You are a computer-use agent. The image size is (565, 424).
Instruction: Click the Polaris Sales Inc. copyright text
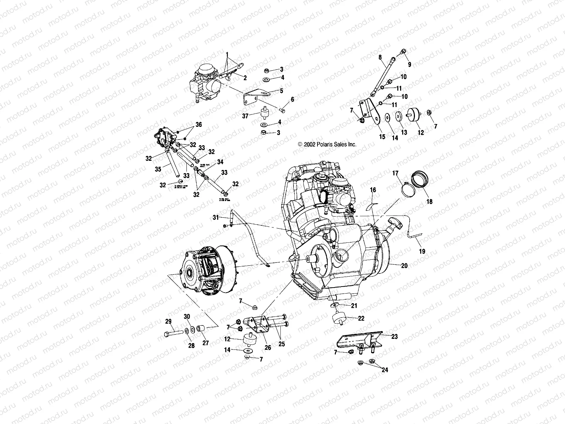(322, 145)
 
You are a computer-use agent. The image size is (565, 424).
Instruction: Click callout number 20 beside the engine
(404, 266)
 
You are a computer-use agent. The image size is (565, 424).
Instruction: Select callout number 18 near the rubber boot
(429, 202)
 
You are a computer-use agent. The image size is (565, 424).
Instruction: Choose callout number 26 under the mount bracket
(268, 348)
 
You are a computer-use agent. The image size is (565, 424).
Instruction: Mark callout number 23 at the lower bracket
(394, 337)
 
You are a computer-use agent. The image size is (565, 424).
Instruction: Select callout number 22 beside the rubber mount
(361, 318)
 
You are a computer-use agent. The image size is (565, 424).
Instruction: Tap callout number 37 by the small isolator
(245, 116)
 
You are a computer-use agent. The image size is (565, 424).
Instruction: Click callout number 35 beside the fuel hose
(158, 169)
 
